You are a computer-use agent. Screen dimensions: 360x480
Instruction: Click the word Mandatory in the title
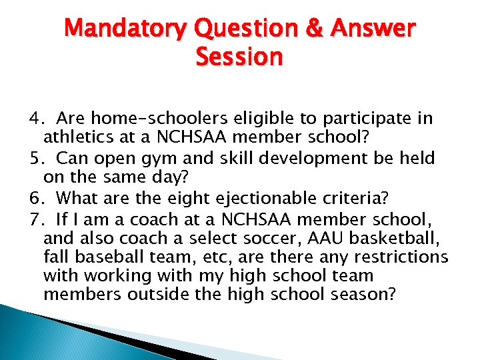[x=127, y=29]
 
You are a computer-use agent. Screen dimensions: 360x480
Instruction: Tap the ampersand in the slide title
[x=312, y=29]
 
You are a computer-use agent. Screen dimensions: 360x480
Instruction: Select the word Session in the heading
[x=239, y=57]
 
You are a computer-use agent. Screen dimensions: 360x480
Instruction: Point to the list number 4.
[x=35, y=119]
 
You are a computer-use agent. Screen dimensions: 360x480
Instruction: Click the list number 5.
[x=35, y=158]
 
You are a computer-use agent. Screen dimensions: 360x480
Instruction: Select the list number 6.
[x=35, y=198]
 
